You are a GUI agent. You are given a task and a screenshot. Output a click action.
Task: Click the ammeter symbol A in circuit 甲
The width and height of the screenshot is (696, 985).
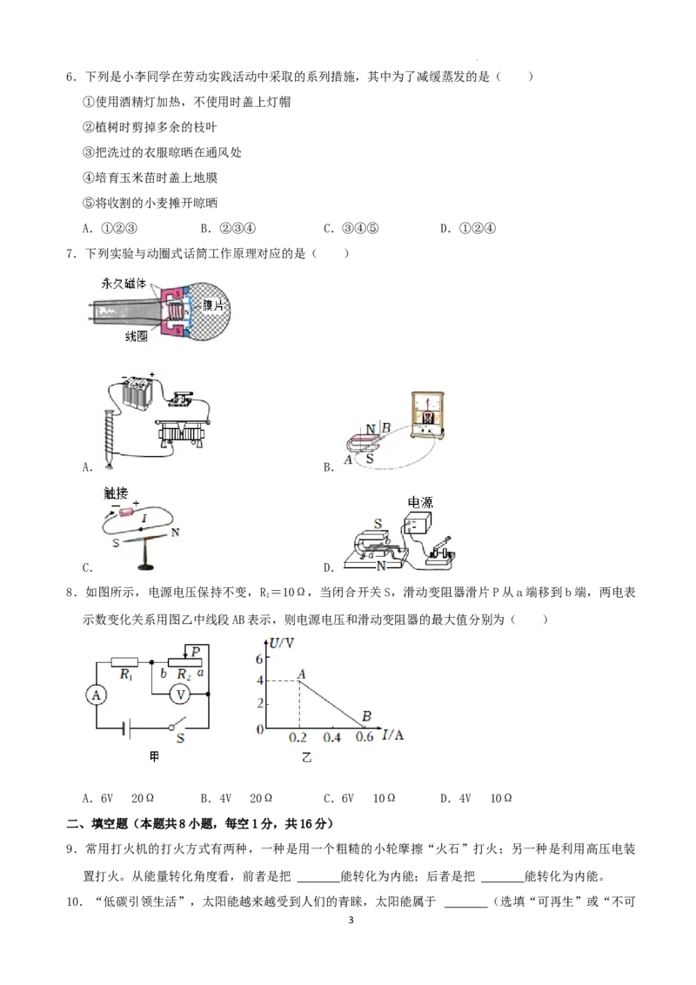pos(96,694)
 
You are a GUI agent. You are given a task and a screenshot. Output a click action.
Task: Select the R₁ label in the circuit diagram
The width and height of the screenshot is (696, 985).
pos(125,674)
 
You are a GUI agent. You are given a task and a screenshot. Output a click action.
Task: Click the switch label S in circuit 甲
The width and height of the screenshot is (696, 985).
pos(180,739)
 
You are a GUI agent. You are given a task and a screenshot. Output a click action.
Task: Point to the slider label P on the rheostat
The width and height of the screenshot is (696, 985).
pos(196,652)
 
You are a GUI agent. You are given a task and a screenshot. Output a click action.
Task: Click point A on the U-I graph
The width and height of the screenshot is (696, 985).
pos(299,681)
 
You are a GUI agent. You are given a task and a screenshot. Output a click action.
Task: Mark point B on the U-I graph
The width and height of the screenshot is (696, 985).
pos(365,728)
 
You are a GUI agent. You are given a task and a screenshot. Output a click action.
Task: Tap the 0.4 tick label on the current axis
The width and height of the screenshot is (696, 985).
pos(331,738)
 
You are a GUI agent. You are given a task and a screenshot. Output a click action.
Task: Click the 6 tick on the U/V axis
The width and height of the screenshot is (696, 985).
pos(259,659)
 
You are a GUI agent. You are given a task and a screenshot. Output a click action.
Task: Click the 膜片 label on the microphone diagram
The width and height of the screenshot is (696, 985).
pos(213,305)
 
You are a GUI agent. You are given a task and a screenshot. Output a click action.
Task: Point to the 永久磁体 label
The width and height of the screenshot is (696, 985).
pos(124,284)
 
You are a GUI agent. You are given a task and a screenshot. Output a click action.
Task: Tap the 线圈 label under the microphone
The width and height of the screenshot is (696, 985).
pos(136,337)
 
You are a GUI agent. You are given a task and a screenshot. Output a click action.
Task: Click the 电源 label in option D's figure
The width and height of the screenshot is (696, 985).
pos(420,503)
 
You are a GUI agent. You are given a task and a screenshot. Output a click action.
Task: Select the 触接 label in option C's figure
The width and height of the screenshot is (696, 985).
pos(116,493)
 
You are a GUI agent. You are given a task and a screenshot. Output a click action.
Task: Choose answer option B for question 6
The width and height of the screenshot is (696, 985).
pos(228,229)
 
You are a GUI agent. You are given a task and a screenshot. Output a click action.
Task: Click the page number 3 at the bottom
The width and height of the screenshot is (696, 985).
pos(351,921)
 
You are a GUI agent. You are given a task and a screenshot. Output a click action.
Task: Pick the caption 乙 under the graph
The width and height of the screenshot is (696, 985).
pos(306,758)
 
